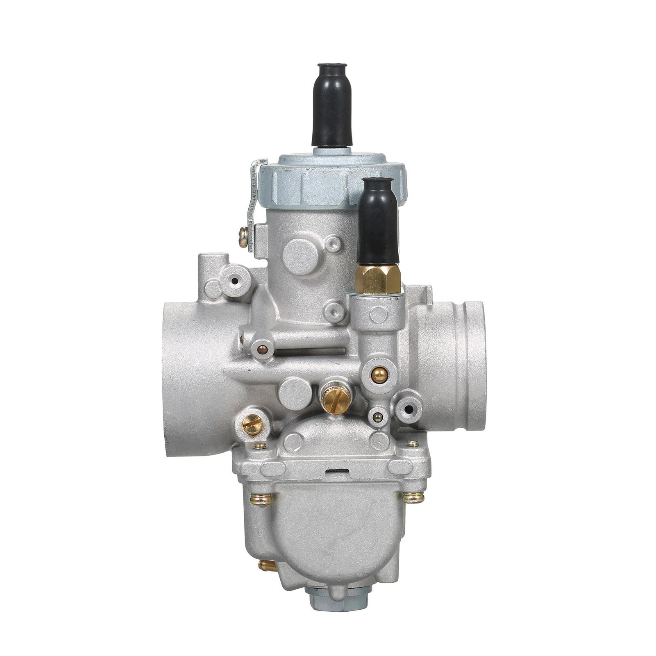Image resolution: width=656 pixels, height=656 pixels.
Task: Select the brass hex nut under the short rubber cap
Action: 378,279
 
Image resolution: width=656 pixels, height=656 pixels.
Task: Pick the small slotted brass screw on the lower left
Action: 252,424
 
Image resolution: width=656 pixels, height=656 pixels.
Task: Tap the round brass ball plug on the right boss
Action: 379,374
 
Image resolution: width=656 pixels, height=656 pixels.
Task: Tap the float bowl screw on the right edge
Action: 413,497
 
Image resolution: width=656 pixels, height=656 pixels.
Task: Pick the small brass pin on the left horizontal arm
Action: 262,350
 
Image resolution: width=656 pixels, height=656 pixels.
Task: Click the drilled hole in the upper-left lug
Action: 235,281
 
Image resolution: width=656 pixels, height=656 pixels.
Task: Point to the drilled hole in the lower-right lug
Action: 408,409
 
